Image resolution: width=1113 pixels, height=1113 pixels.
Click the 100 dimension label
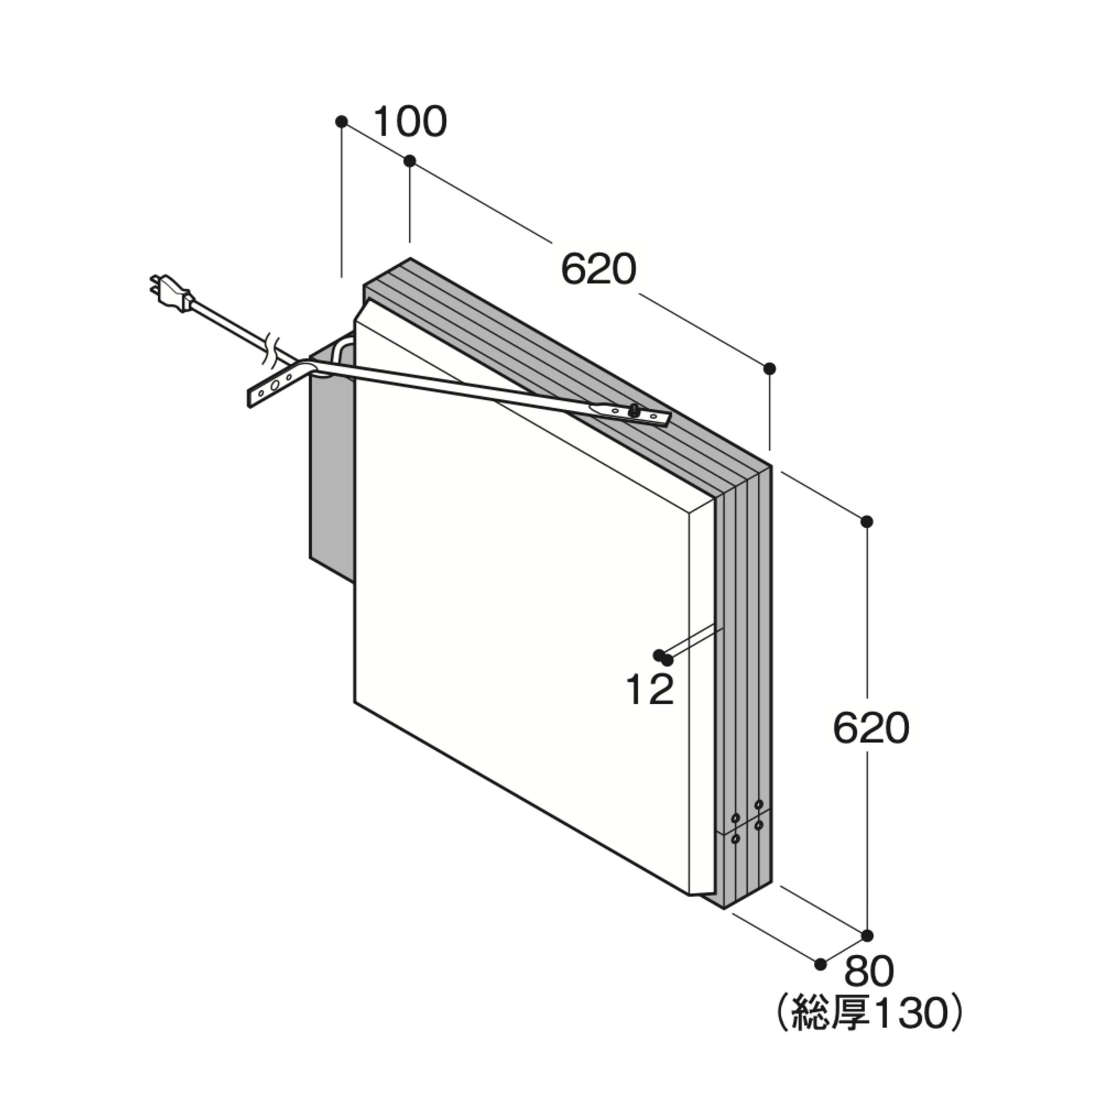410,122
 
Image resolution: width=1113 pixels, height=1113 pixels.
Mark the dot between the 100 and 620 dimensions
410,161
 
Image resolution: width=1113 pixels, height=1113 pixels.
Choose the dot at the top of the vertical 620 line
867,521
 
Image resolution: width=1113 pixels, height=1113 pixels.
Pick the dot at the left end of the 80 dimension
820,964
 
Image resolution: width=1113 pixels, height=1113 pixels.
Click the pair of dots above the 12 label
662,657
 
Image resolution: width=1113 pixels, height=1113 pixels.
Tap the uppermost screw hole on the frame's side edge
759,804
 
